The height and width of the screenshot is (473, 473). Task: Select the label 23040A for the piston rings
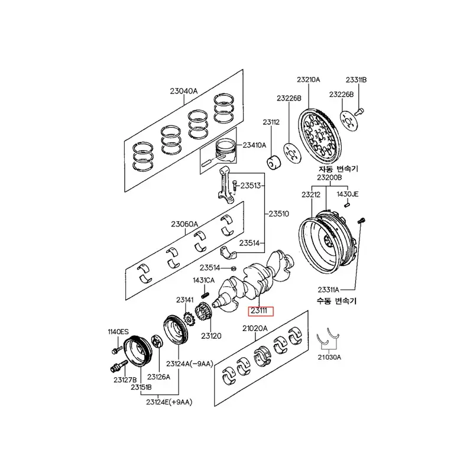183,91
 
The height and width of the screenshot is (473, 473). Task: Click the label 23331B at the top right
357,79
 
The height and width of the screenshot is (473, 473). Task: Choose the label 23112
271,122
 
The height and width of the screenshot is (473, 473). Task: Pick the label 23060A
184,224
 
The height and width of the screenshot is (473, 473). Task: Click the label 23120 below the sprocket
210,336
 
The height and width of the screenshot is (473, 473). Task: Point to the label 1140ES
118,332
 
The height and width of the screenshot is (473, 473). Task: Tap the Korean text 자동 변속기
338,169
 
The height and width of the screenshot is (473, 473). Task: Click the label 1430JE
349,194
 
